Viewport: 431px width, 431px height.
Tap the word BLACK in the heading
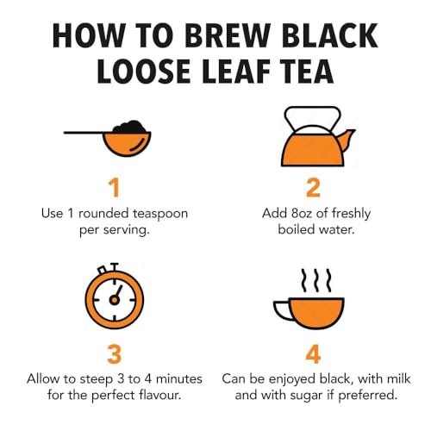click(x=331, y=37)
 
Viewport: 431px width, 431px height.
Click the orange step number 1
click(x=114, y=189)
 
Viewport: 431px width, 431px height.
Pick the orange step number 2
click(x=314, y=189)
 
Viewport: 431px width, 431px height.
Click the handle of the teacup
click(x=281, y=309)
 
